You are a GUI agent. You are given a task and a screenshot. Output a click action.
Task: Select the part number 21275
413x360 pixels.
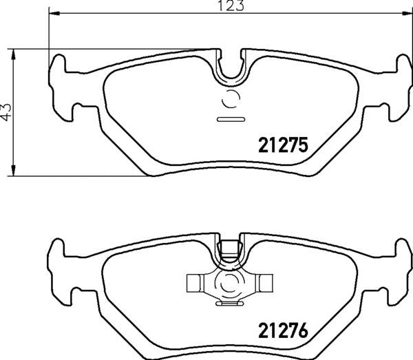[281, 145]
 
